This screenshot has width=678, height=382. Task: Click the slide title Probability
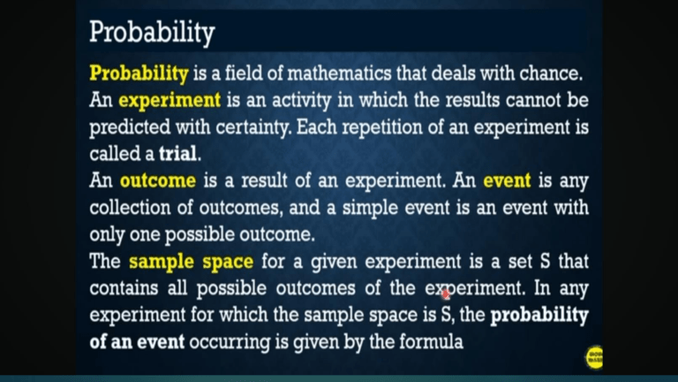click(152, 34)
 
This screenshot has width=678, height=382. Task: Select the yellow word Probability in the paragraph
click(139, 73)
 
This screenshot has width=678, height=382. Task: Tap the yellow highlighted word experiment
click(169, 100)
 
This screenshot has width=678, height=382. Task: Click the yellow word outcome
click(157, 181)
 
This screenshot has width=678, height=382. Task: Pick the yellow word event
click(506, 181)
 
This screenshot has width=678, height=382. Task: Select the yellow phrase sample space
click(191, 262)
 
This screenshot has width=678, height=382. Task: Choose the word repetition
click(373, 127)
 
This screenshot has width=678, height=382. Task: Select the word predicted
click(129, 127)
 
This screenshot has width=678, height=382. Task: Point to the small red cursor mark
click(446, 294)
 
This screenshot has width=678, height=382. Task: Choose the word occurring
click(227, 341)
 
